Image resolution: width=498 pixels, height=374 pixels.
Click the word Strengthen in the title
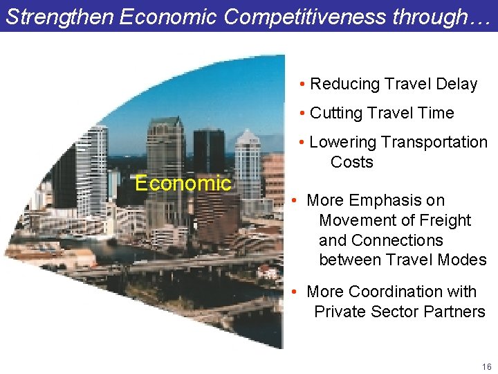(60, 17)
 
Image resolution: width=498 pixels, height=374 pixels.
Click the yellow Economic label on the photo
(183, 184)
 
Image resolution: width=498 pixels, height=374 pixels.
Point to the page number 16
(487, 366)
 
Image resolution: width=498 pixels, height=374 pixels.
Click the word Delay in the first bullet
(456, 84)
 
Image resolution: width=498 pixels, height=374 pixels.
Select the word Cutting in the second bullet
(336, 114)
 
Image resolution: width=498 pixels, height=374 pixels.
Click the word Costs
(351, 163)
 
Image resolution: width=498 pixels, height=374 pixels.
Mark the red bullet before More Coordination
(294, 292)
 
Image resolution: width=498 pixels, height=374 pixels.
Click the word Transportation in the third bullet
(434, 143)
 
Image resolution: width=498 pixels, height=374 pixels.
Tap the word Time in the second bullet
(436, 114)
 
